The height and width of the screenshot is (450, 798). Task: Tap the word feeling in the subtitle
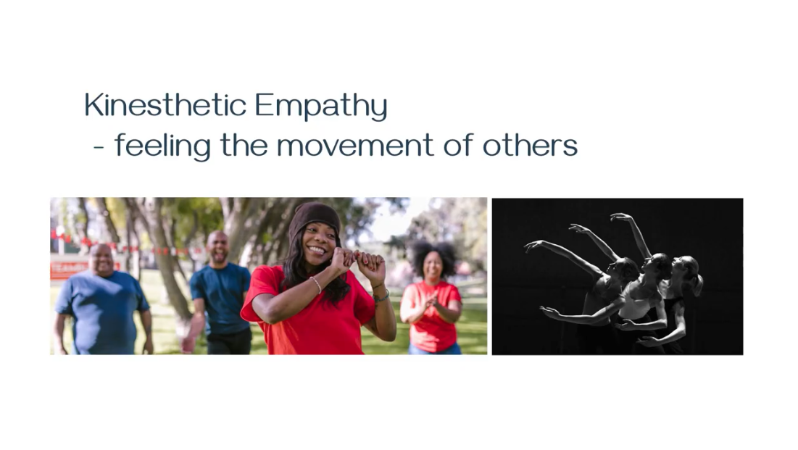(x=163, y=146)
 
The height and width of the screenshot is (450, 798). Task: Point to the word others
(x=530, y=145)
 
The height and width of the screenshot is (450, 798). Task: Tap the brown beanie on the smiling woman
(x=315, y=220)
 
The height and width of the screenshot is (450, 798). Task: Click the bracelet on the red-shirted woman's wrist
(x=317, y=284)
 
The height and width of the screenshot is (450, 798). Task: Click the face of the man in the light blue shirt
(x=102, y=259)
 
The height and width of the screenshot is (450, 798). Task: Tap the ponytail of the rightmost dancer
(x=697, y=283)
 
